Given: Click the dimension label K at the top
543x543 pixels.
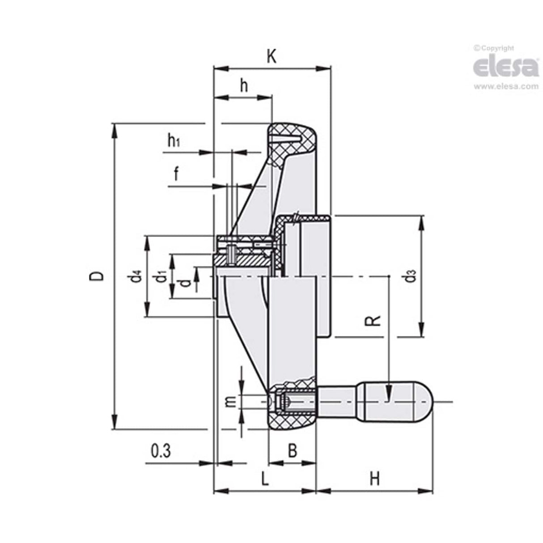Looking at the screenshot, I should [x=271, y=57].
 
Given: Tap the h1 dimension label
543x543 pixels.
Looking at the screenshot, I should [x=174, y=141].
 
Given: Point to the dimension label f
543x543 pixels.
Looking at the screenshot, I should [x=176, y=174].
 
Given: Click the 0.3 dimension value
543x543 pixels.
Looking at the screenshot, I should [x=161, y=451].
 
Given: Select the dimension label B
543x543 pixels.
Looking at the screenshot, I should [x=292, y=451].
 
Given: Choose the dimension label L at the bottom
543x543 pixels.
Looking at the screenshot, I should [x=265, y=479].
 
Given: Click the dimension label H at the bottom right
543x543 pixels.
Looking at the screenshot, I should [x=375, y=479].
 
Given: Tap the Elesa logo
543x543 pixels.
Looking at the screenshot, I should [x=506, y=67].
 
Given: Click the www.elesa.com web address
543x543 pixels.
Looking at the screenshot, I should [x=506, y=86].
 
